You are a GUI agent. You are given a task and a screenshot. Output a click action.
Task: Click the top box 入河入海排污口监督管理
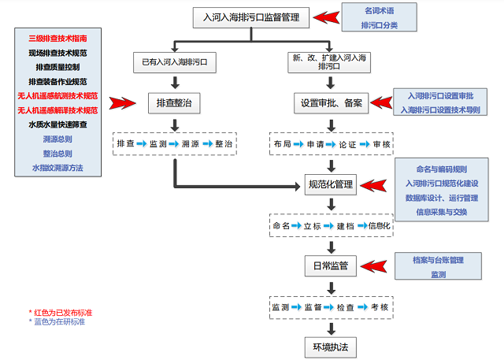pos(251,17)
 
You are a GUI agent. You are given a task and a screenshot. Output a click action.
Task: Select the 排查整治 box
pos(172,102)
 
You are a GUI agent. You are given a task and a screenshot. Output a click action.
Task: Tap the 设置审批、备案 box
pos(330,102)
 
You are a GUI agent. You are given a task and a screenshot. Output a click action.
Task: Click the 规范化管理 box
pos(330,185)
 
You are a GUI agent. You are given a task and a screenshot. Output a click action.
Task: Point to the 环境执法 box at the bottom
pos(330,346)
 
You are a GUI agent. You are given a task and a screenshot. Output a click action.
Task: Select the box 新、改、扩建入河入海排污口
pos(330,61)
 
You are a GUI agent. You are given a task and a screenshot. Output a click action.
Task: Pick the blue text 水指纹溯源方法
pos(57,168)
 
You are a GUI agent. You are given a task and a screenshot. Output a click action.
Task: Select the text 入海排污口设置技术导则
pos(439,110)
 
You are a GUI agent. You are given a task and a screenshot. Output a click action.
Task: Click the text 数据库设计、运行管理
pos(441,198)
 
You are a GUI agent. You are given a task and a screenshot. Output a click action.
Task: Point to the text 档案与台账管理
pos(438,259)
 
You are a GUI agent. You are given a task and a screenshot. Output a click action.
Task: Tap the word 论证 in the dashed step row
pos(347,144)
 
